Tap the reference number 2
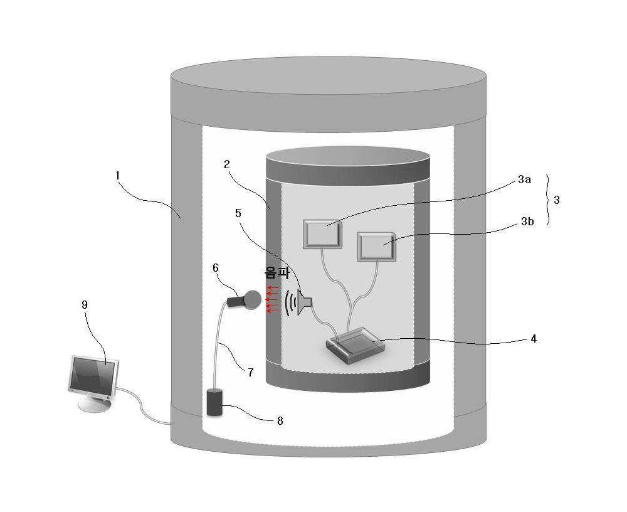click(227, 164)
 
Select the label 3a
click(524, 179)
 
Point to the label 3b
click(527, 221)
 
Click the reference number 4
click(534, 339)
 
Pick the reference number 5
click(238, 213)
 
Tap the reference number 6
click(216, 268)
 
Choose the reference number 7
click(250, 372)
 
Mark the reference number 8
click(280, 421)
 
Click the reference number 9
click(85, 305)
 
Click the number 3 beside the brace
click(557, 200)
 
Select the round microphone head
click(252, 299)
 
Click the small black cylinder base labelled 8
click(215, 402)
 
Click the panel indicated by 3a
click(323, 234)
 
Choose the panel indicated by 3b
click(377, 247)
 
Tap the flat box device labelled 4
click(354, 345)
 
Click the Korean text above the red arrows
click(277, 273)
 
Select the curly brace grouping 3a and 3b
click(549, 200)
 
